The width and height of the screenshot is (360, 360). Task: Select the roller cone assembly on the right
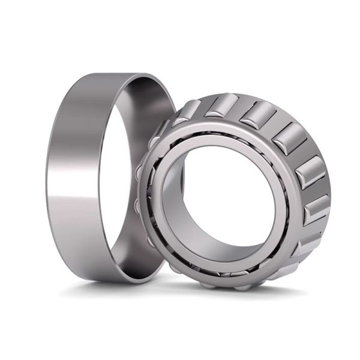pos(240,192)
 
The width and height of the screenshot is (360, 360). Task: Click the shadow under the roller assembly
pos(252,294)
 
